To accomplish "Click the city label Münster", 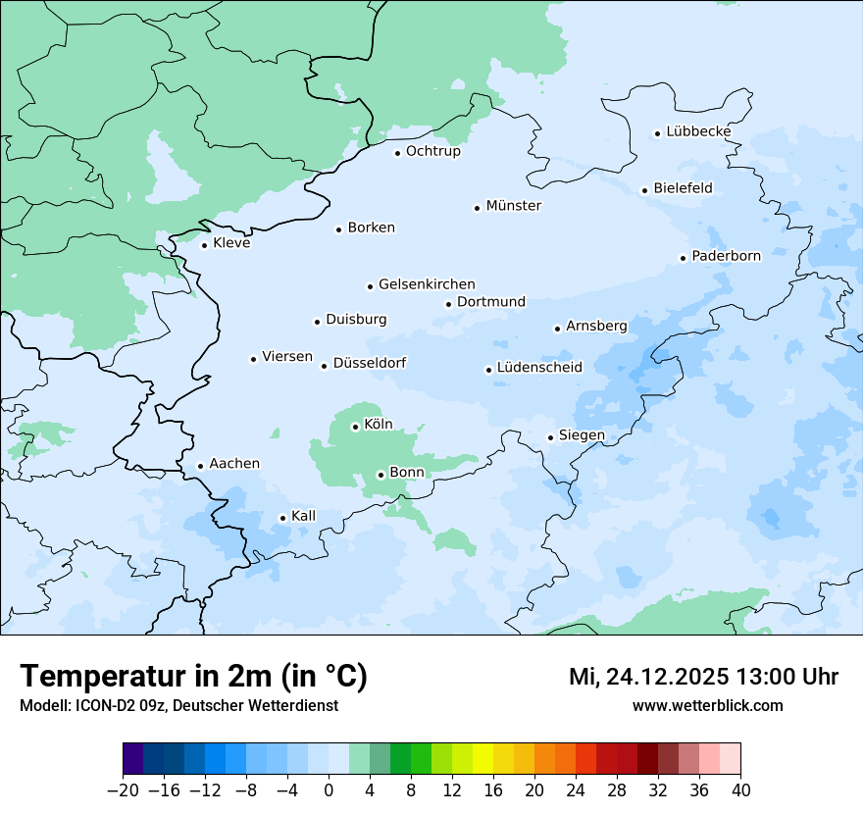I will (513, 206).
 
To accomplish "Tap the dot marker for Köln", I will (355, 427).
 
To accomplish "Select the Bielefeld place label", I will (683, 188).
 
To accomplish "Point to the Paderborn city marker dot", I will (683, 258).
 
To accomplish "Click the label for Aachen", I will (234, 464).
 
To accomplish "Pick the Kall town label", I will (303, 516).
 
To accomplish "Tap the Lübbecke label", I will (698, 131).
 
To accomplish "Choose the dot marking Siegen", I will (550, 437).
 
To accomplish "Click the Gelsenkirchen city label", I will (427, 284).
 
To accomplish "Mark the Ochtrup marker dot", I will (397, 153).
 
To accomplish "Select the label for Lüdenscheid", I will (539, 368).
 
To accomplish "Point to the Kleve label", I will (231, 243).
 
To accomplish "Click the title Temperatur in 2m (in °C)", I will (194, 676).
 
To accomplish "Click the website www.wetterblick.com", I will (707, 705).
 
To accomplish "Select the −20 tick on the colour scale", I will (124, 790).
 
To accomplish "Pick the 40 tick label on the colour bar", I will (740, 790).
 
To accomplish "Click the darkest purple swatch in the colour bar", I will (133, 759).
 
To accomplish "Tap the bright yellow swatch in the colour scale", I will (483, 759).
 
